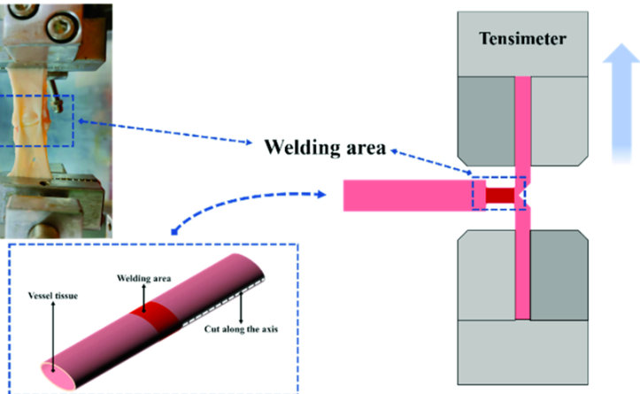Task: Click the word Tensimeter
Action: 521,40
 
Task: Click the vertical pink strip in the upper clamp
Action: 521,124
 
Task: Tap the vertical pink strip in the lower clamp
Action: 521,274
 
